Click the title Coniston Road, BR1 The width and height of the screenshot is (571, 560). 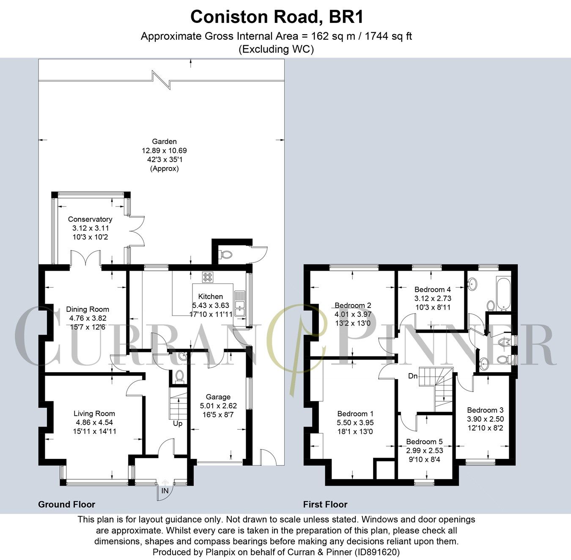(277, 17)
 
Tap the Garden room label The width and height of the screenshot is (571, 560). (164, 142)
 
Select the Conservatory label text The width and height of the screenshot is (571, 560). (90, 219)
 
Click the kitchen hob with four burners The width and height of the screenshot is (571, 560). (208, 277)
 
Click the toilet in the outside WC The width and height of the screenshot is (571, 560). (225, 255)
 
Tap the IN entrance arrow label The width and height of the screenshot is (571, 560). (165, 491)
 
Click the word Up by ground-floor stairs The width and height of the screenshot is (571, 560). (178, 423)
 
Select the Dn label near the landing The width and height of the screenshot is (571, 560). (413, 376)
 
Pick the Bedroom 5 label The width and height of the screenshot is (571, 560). (423, 442)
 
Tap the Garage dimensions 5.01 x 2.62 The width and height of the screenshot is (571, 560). (218, 406)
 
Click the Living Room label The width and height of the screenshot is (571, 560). (94, 414)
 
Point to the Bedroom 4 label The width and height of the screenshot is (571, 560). (432, 290)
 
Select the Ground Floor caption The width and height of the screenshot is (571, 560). (66, 504)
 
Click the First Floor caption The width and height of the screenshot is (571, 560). (325, 504)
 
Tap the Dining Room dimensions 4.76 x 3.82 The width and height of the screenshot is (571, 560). (88, 318)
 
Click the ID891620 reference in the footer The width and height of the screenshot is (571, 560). (378, 552)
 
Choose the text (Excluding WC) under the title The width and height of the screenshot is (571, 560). (277, 49)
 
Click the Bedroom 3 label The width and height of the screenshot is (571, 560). (485, 410)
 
